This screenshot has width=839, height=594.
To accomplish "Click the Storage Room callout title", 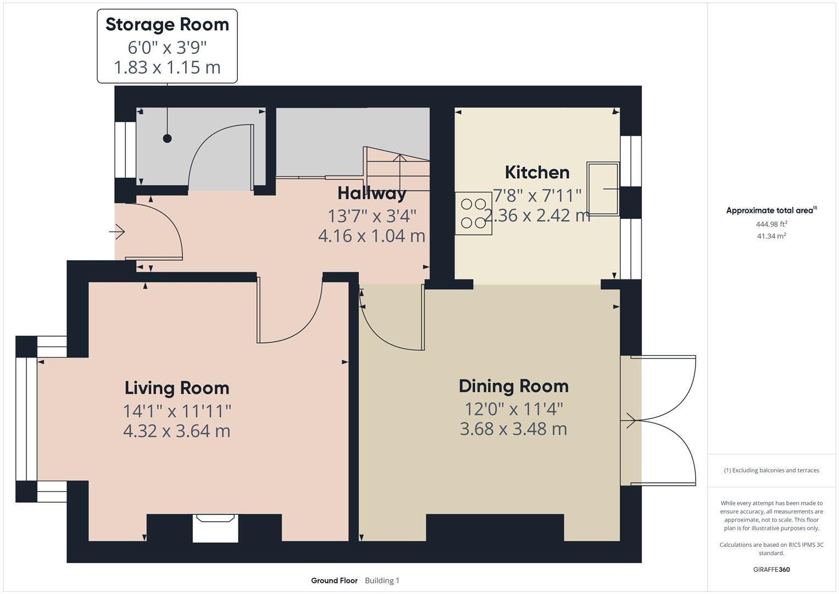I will pos(167,25).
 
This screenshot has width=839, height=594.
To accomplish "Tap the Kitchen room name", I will pos(537,173).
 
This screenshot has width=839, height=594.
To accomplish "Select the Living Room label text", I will pos(177,388).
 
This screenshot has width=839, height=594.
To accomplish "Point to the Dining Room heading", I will pos(513,386).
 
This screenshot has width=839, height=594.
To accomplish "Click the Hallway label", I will pos(372,193).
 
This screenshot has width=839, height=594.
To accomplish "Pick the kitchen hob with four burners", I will pos(473,213).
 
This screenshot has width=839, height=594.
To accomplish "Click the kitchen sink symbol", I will pos(603,188).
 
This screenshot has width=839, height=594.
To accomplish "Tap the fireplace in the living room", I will pos(215,527).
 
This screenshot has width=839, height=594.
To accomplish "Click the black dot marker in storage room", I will pos(167,139).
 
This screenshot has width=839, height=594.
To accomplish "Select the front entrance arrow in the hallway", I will pos(117,233).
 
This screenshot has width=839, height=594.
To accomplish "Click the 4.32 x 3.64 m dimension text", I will pos(177,431).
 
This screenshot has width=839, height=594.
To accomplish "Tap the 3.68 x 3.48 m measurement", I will pos(513,429).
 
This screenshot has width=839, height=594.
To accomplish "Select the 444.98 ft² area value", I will pos(771,224).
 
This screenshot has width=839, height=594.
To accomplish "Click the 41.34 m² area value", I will pos(771,236).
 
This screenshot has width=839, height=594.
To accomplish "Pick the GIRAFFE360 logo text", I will pos(771,569).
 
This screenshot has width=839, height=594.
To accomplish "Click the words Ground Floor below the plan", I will pos(334,581).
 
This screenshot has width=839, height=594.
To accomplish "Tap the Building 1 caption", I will pos(382,581).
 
